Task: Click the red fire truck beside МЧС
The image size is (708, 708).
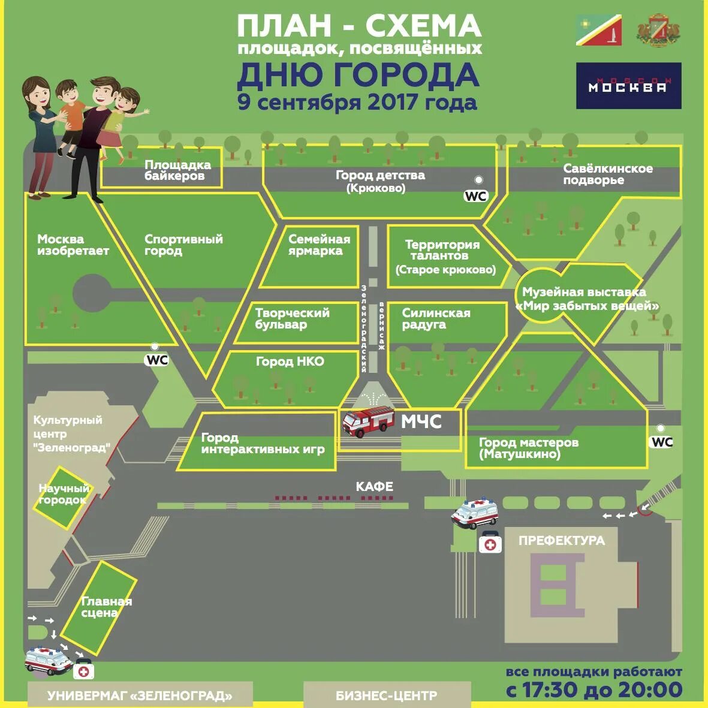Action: [x=367, y=421]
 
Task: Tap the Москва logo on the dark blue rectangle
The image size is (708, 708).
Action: [x=628, y=86]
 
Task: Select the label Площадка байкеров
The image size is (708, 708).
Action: [x=177, y=170]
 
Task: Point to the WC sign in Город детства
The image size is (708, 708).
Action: [x=476, y=196]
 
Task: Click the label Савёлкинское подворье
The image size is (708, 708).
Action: [x=607, y=174]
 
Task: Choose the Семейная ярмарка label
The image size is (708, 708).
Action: [x=319, y=245]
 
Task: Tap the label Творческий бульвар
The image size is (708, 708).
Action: [x=292, y=318]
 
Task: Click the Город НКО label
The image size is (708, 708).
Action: [x=290, y=361]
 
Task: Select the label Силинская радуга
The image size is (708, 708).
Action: [x=436, y=318]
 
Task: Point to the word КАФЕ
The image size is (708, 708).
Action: [x=374, y=486]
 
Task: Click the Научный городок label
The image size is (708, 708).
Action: [x=64, y=494]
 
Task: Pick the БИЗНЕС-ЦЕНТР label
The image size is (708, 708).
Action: [x=386, y=696]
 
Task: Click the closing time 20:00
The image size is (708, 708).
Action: [x=650, y=690]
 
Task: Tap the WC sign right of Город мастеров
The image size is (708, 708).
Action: [x=662, y=442]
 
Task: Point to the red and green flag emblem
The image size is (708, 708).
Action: [x=598, y=31]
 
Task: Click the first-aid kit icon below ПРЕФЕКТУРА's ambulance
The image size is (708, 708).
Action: [x=490, y=544]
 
